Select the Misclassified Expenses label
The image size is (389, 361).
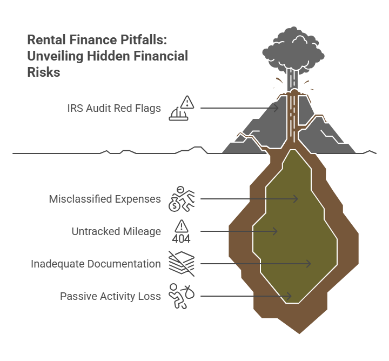coord(105,199)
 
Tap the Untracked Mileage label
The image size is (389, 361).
coord(116,231)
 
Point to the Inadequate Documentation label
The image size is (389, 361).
coord(96,264)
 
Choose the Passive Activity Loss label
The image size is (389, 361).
coord(110,296)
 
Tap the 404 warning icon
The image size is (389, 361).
coord(181,231)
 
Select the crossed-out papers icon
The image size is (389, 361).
coord(181,264)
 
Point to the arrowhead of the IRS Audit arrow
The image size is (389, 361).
coord(277,109)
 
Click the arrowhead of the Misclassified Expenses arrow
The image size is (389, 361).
coord(297,199)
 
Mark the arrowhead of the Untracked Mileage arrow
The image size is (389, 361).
coord(276,231)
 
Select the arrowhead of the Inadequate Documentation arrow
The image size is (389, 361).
coord(310,264)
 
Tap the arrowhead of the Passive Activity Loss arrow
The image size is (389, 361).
coord(290,296)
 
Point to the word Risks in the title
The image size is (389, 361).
coord(44,72)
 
